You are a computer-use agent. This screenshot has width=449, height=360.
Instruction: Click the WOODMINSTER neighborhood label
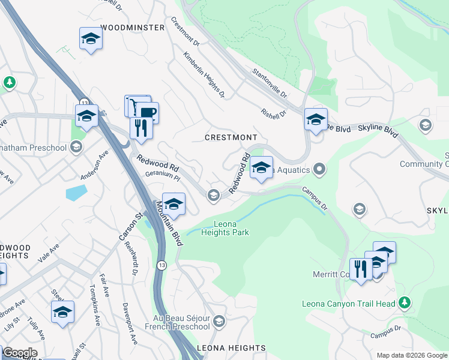click(133, 28)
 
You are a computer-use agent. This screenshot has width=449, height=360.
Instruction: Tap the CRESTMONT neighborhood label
click(231, 137)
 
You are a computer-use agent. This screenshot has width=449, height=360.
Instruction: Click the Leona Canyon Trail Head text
click(349, 304)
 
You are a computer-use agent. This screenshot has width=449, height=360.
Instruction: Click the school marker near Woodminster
click(91, 39)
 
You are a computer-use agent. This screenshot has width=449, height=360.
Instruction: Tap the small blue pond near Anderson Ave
click(76, 193)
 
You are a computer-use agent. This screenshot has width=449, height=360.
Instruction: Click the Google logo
click(20, 353)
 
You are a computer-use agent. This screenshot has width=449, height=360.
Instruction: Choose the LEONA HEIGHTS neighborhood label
click(231, 348)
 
